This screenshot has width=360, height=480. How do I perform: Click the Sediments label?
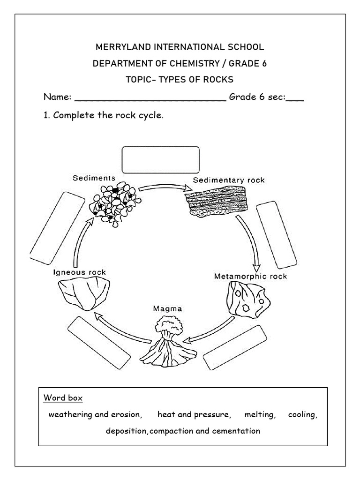tap(94, 178)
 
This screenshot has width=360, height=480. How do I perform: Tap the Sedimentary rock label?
tap(229, 180)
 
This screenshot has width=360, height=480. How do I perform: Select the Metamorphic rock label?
tap(250, 276)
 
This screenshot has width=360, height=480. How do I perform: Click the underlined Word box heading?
tap(63, 398)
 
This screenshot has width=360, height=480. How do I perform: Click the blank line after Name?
tap(150, 98)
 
